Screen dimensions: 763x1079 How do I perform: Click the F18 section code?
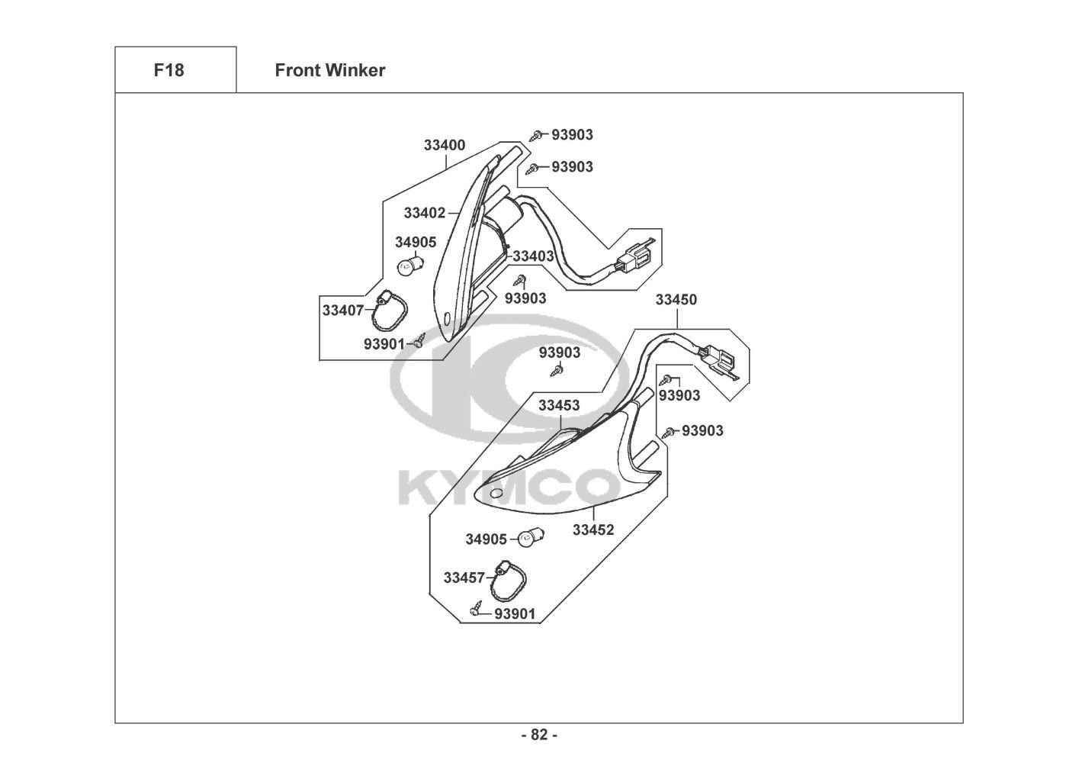(169, 70)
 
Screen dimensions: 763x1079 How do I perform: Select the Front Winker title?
(329, 70)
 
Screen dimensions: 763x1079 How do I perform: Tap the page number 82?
(539, 735)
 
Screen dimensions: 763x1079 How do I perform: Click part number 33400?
(445, 145)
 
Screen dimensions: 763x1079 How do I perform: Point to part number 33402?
(424, 213)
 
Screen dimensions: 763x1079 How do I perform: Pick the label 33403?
(532, 256)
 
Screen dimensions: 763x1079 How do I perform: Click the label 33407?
(343, 311)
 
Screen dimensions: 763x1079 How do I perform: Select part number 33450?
(676, 300)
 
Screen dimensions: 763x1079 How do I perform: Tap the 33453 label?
(559, 405)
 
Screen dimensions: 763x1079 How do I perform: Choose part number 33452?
(593, 530)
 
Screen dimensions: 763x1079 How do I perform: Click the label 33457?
(464, 578)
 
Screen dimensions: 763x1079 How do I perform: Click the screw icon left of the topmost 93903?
(538, 135)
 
